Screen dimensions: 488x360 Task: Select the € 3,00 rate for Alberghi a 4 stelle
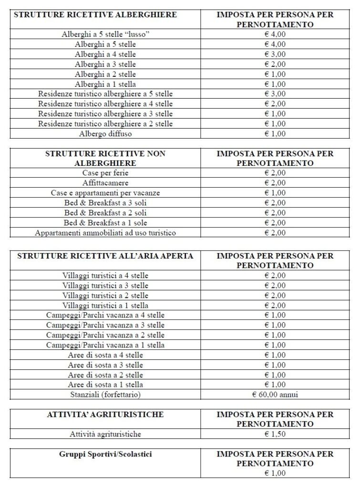click(x=275, y=54)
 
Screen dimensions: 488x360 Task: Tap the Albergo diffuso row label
click(x=105, y=134)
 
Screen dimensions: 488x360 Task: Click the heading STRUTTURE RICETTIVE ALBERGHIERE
click(x=95, y=15)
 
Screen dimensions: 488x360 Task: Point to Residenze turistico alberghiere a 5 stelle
click(x=105, y=94)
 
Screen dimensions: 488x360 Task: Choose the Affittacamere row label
click(x=105, y=183)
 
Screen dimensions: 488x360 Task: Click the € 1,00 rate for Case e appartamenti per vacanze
click(x=275, y=193)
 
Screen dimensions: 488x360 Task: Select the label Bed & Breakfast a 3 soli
click(x=105, y=203)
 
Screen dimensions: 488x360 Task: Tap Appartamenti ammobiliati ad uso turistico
click(x=105, y=233)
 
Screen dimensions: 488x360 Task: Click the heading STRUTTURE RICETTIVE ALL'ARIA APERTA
click(x=105, y=256)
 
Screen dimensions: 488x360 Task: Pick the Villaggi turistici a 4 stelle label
click(x=105, y=275)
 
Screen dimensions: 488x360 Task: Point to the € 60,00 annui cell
click(x=275, y=395)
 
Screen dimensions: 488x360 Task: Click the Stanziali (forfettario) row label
click(x=105, y=395)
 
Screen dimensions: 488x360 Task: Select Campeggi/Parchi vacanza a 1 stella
click(x=105, y=345)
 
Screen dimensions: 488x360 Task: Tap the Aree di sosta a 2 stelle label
click(x=105, y=375)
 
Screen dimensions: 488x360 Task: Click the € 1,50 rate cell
click(x=275, y=434)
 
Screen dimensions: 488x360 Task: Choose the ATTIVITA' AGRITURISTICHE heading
click(x=105, y=415)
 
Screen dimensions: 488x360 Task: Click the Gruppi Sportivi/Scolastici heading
click(x=105, y=454)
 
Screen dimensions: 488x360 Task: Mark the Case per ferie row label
click(x=105, y=173)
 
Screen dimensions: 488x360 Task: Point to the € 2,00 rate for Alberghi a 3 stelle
click(x=275, y=64)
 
